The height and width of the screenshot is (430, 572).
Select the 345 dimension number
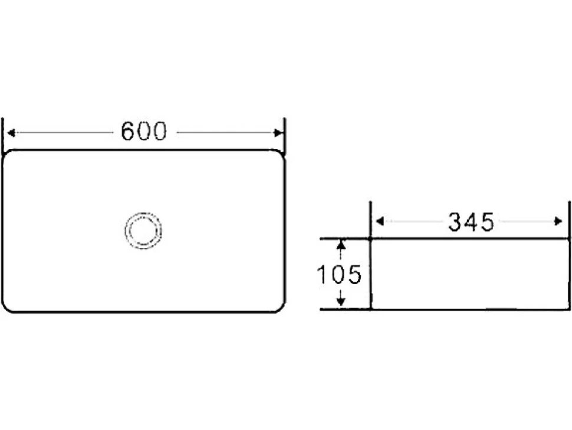(471, 221)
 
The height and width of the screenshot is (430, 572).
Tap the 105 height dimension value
(339, 275)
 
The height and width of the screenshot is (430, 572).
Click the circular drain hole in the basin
(143, 230)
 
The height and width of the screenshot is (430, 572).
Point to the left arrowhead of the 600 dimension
(11, 133)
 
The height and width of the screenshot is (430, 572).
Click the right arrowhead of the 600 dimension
(278, 133)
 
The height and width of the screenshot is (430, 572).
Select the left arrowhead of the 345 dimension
(380, 221)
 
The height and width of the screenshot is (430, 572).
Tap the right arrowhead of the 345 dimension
(558, 221)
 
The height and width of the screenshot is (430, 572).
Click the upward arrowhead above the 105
(341, 245)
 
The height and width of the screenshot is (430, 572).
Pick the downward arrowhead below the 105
(341, 301)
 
